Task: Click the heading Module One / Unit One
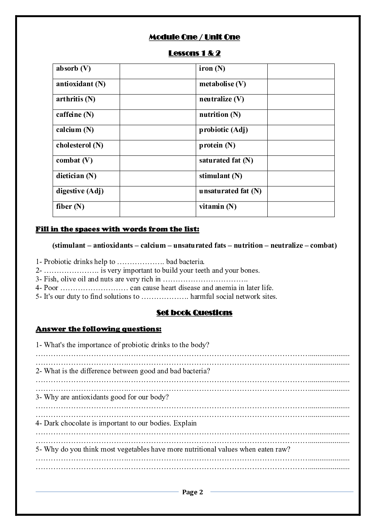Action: pyautogui.click(x=194, y=37)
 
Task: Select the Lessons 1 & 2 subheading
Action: pyautogui.click(x=194, y=53)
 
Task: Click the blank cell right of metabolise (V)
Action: pyautogui.click(x=301, y=87)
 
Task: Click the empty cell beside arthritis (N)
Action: pyautogui.click(x=158, y=102)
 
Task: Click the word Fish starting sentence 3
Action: pyautogui.click(x=50, y=279)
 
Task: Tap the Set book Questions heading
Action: pyautogui.click(x=194, y=313)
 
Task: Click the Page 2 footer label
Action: pyautogui.click(x=192, y=492)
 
